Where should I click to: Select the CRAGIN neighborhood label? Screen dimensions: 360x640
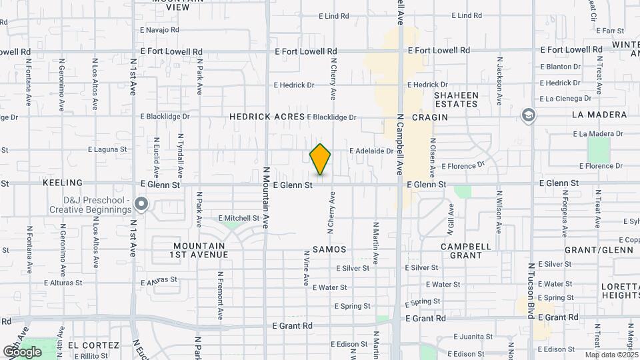click(429, 117)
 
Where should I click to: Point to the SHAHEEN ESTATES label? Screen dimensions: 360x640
click(456, 99)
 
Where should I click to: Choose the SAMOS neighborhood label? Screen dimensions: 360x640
click(329, 249)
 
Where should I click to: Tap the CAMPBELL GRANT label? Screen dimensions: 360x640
click(466, 251)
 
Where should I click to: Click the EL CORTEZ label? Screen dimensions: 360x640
click(87, 345)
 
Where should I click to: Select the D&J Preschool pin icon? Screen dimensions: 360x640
click(141, 203)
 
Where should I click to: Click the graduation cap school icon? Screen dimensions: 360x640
click(529, 115)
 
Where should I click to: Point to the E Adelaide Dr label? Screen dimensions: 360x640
click(371, 151)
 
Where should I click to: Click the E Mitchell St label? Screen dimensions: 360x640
click(239, 218)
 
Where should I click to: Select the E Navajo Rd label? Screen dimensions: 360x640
click(159, 30)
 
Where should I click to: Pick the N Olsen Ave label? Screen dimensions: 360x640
click(433, 153)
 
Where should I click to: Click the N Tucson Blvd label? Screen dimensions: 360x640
click(531, 290)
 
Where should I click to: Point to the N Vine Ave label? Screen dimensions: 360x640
click(307, 269)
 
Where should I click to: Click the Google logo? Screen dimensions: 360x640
click(22, 351)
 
